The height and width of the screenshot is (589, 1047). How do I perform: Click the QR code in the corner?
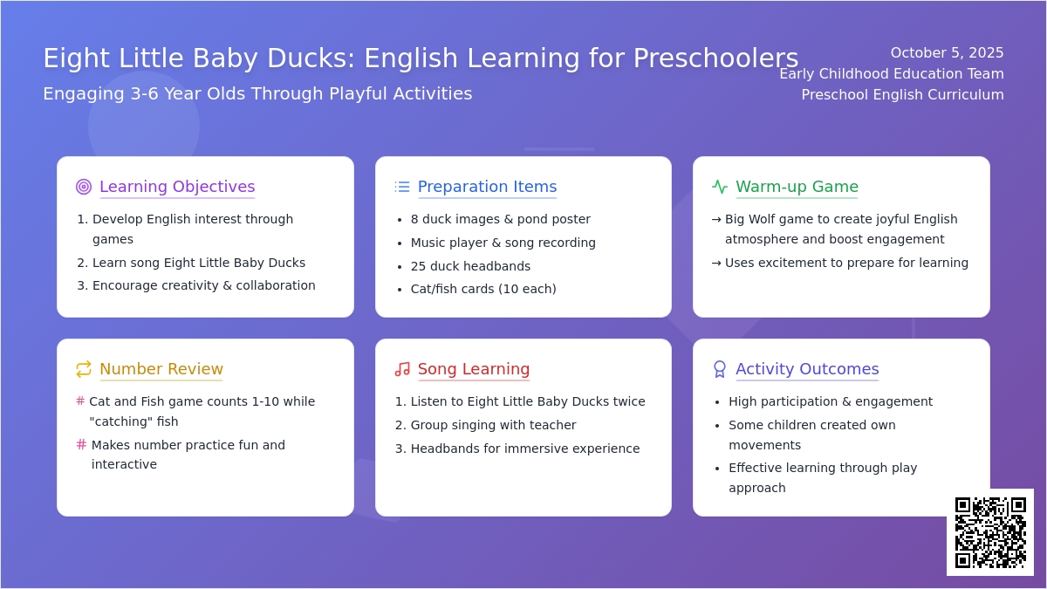click(990, 532)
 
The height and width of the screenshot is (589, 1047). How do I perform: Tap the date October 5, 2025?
click(947, 53)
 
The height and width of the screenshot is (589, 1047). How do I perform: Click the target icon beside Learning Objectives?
click(84, 187)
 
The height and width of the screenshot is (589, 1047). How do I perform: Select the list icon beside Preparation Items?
click(402, 187)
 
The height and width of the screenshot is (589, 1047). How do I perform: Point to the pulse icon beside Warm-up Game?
click(720, 187)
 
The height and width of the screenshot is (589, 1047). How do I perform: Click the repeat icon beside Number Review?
click(84, 369)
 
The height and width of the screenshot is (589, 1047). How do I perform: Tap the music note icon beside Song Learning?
click(402, 369)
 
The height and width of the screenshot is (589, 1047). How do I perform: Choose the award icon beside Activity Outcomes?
click(720, 369)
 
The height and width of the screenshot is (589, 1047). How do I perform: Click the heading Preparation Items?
click(487, 187)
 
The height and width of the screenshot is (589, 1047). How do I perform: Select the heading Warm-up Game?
click(797, 187)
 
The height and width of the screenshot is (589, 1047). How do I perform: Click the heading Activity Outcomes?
click(807, 369)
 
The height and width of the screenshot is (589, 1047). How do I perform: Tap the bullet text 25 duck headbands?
click(470, 266)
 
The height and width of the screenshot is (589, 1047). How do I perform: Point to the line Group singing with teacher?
click(493, 425)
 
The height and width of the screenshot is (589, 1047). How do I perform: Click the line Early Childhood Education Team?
click(892, 74)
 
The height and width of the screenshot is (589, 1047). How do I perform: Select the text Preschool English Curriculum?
click(902, 95)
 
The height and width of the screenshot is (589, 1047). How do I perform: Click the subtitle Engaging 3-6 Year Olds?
click(187, 94)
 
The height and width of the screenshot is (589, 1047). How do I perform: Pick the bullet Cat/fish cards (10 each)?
click(483, 289)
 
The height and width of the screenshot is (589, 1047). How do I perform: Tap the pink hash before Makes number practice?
click(81, 444)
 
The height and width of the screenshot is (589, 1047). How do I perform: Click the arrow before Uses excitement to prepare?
click(716, 264)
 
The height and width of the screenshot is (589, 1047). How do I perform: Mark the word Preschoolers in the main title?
click(715, 58)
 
